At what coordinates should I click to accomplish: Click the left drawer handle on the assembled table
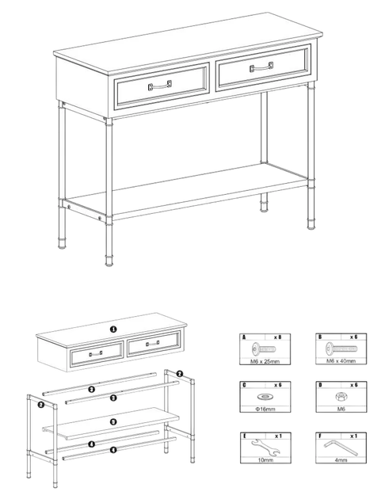pos(160,85)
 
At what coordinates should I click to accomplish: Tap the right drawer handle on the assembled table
pos(261,67)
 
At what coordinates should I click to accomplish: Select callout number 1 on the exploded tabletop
pos(113,329)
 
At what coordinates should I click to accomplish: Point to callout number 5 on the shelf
pos(113,421)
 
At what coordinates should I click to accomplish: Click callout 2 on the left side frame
pos(40,405)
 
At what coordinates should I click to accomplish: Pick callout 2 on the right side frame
pos(180,374)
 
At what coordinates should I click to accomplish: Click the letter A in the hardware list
pos(244,337)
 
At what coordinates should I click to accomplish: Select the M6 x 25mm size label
pos(265,361)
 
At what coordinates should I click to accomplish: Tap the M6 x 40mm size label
pos(341,361)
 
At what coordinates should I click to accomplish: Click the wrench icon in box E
pos(265,447)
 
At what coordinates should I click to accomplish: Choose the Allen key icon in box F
pos(341,448)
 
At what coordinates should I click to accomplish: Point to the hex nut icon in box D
pos(341,397)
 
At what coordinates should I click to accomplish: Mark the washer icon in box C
pos(265,397)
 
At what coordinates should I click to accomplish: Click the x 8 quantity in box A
pos(278,337)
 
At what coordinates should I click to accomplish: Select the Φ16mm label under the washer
pos(265,409)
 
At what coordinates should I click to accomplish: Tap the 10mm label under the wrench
pos(265,460)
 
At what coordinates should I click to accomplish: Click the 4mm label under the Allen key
pos(341,460)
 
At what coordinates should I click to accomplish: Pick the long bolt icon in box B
pos(341,349)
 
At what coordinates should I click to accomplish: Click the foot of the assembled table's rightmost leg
pos(311,226)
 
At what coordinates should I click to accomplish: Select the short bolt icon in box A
pos(264,349)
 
